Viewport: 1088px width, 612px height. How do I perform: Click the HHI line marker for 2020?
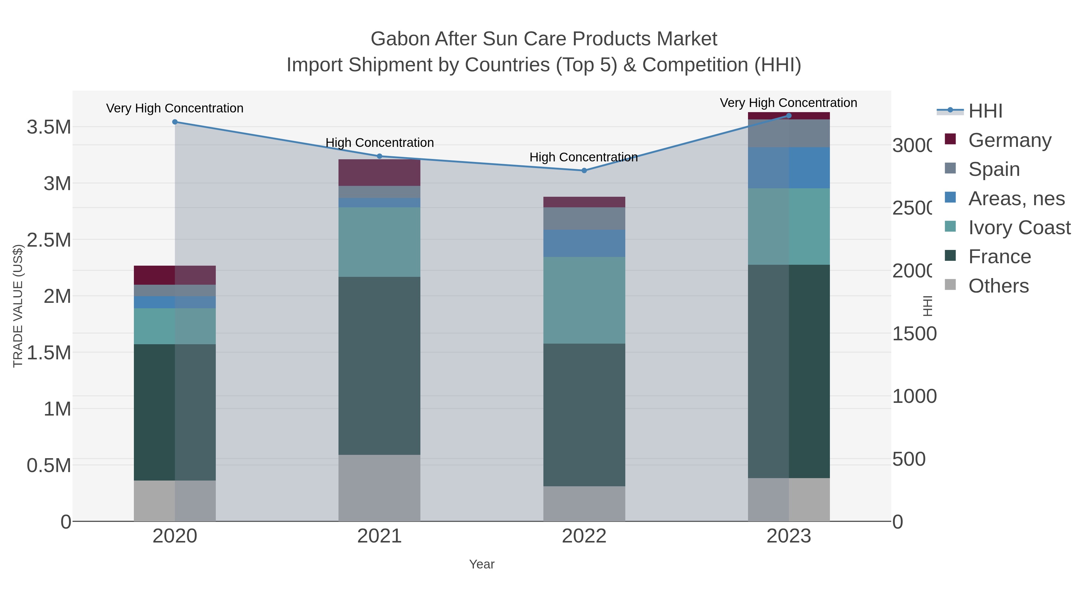[175, 122]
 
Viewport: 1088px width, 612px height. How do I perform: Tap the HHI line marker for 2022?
[584, 171]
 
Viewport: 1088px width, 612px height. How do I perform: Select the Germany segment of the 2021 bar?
[379, 173]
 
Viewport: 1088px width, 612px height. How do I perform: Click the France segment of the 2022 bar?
[584, 415]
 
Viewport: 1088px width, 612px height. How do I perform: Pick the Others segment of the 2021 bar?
[379, 488]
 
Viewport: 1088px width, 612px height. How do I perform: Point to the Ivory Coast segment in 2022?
[584, 300]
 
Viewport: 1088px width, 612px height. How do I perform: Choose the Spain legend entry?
[994, 169]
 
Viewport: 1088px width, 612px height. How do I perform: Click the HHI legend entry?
[985, 111]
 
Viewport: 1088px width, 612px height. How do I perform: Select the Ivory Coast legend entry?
[1019, 228]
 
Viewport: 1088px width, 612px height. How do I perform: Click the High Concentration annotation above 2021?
[379, 143]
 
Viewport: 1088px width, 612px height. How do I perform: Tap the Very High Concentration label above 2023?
[788, 103]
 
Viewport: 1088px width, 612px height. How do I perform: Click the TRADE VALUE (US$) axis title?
[18, 306]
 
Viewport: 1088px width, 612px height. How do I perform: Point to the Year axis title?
[481, 564]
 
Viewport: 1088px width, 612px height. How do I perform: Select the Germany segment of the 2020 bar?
[175, 275]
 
